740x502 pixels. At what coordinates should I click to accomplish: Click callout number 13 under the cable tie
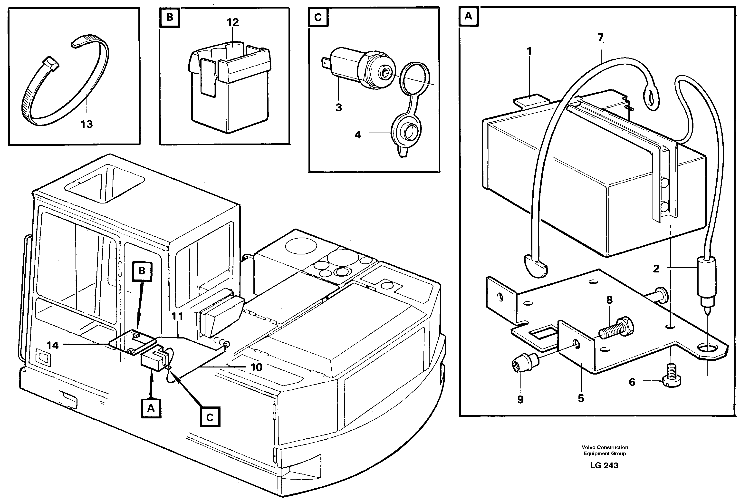[86, 124]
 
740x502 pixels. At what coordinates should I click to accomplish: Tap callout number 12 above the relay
[233, 22]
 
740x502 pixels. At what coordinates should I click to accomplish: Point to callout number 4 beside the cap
[358, 135]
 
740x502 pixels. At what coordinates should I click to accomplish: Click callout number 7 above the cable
[601, 38]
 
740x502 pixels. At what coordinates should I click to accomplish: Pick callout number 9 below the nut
[520, 399]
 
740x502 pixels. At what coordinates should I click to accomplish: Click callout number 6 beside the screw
[632, 382]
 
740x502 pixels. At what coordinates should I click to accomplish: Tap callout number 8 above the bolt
[609, 300]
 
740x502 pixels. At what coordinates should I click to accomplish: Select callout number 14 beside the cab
[53, 345]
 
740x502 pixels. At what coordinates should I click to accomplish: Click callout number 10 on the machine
[256, 367]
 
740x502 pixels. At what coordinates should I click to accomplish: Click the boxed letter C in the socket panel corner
[318, 17]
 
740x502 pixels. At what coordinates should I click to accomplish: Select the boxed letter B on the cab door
[142, 271]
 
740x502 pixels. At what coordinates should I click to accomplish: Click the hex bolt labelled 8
[616, 329]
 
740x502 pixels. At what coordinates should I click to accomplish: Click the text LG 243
[604, 465]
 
